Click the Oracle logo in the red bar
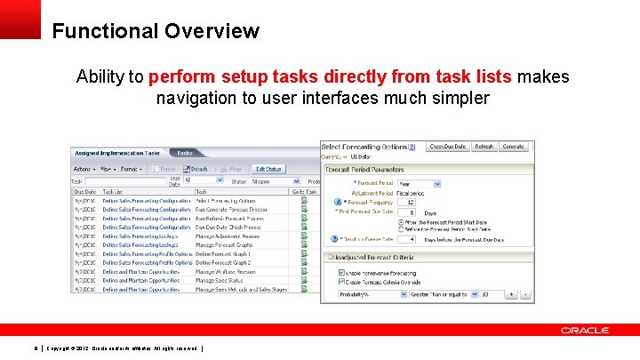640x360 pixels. [x=584, y=330]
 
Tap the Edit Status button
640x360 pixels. [x=268, y=169]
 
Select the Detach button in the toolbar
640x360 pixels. [x=196, y=169]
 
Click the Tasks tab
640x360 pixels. [x=184, y=153]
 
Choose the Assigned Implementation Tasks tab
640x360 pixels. [x=116, y=153]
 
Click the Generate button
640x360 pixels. [x=513, y=147]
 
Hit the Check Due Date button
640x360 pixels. [x=447, y=147]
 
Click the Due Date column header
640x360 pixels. [x=84, y=191]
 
